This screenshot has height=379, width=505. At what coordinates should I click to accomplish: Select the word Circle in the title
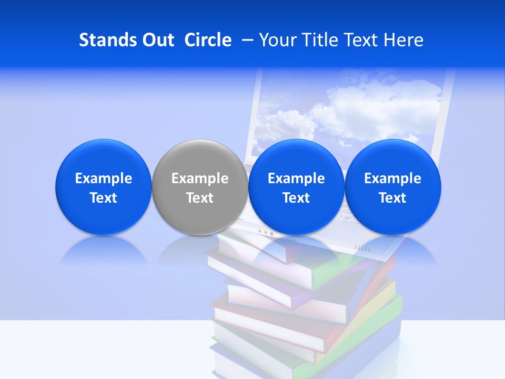(x=208, y=40)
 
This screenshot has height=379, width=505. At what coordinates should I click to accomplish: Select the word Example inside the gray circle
(x=200, y=178)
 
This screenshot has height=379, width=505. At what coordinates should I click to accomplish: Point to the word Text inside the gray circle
(x=200, y=198)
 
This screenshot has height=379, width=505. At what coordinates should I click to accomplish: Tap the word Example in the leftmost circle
(x=104, y=178)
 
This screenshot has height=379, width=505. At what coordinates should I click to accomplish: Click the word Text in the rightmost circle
(x=393, y=198)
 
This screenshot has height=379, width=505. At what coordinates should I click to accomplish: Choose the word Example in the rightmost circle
(x=393, y=178)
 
